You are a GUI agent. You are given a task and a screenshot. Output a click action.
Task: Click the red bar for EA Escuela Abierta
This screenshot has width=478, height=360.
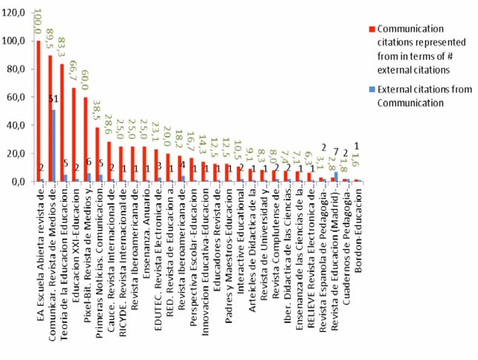coord(38,111)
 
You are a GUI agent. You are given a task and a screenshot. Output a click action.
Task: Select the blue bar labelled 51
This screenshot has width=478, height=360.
coord(54,146)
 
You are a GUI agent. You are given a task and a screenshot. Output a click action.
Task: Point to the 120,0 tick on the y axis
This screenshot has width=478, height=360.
coord(16,13)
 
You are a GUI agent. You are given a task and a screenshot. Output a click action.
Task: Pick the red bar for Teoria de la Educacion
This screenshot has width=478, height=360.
coord(62,123)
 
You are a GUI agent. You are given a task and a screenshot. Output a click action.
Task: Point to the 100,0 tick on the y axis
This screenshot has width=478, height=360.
coord(16,41)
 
